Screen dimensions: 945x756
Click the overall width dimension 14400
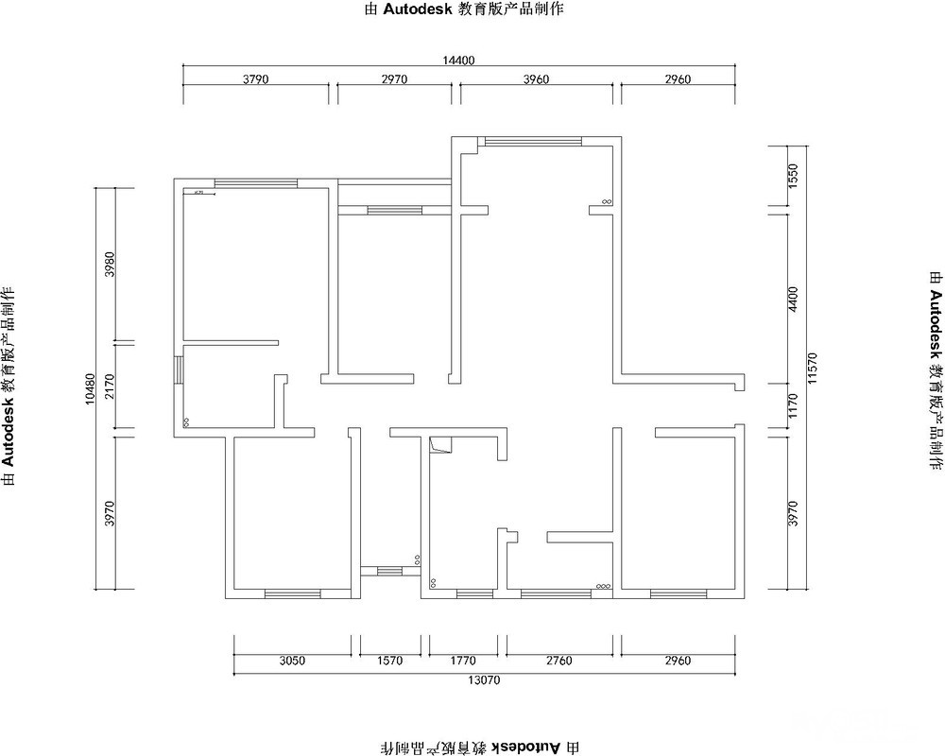458,60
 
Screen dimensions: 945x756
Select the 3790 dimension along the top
255,79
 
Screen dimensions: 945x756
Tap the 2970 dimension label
394,79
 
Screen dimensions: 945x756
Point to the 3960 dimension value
537,79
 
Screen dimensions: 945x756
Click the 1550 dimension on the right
793,176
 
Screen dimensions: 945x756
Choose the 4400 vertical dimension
793,299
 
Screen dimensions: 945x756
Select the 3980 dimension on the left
109,264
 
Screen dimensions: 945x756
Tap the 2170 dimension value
109,387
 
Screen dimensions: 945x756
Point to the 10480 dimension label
91,388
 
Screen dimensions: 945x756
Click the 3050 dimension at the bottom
292,661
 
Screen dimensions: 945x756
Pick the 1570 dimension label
390,661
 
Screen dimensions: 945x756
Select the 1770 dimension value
463,661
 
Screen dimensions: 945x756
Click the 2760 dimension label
558,661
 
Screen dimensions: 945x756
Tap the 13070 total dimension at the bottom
484,680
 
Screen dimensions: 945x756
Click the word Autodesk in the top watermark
414,9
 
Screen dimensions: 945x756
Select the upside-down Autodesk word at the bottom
530,747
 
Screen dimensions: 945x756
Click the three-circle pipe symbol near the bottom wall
603,586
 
